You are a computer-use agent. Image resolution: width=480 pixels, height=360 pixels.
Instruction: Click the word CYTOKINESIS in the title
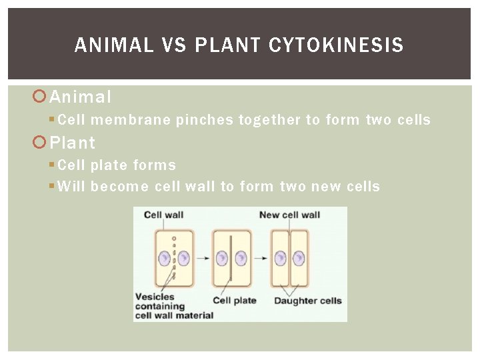pos(336,45)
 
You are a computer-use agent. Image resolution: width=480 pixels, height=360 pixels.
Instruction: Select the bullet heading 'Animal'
pos(81,97)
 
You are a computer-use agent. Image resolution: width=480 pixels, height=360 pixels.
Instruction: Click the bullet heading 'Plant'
pos(73,143)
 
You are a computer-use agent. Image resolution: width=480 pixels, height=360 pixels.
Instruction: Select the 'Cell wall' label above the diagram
pos(163,215)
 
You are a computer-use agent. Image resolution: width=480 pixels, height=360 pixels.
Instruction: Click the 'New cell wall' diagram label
pos(289,215)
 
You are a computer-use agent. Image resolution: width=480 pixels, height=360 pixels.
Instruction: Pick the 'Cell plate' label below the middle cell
pos(235,301)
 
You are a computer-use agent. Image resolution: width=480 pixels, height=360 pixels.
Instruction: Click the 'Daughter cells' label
pos(307,301)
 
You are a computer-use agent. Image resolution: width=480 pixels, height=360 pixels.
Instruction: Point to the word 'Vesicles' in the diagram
pos(155,297)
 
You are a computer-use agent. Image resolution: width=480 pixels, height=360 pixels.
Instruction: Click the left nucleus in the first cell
pos(164,258)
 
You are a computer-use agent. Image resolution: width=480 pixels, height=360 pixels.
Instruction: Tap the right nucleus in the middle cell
pos(241,258)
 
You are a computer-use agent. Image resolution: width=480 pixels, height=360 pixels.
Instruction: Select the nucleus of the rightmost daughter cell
pos(299,258)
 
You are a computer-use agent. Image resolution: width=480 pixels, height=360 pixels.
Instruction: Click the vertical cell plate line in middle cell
pos(231,258)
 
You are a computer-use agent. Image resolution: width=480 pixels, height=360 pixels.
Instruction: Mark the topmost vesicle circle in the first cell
pos(173,238)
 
